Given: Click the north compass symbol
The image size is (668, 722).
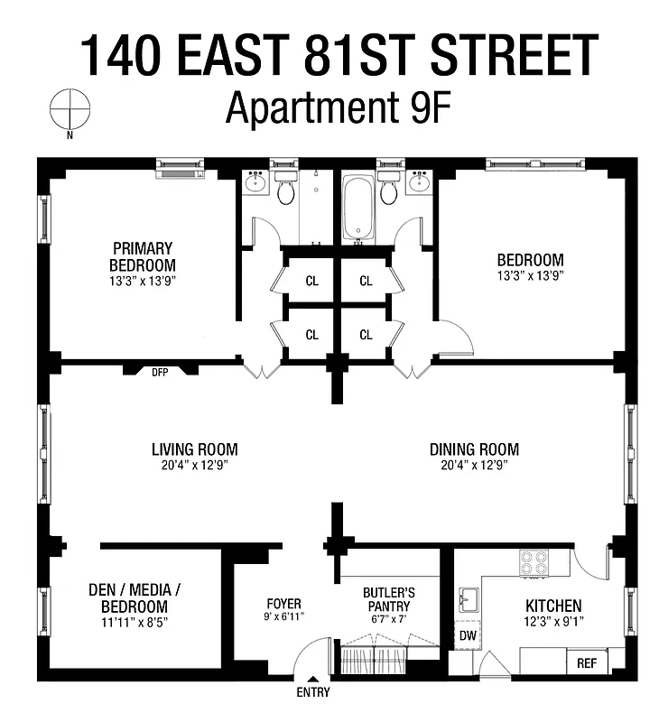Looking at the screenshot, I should tap(70, 110).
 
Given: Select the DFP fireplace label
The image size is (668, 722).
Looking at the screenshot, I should tap(160, 371).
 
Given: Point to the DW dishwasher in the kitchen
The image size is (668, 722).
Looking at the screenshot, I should tap(468, 635).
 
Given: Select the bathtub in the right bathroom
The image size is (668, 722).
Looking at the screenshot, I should tap(358, 208).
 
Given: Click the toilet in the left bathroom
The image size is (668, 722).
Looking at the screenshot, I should tap(286, 190).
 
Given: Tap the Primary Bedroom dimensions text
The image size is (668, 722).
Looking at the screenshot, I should tap(142, 282).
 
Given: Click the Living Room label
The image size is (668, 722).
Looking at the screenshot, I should tap(194, 449).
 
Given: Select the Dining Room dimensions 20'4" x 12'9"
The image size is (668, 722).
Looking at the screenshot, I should tap(474, 466).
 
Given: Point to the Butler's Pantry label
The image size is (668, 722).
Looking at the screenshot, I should tap(388, 599).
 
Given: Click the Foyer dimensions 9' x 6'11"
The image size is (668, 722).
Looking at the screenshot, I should tap(283, 616).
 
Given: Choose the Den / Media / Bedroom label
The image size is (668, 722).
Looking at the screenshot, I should tap(135, 597).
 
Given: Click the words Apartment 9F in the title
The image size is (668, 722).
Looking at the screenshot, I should tap(338, 109).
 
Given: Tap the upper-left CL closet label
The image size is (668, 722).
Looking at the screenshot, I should tap(311, 281).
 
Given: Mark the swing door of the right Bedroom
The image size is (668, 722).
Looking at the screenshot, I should tap(457, 338).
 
